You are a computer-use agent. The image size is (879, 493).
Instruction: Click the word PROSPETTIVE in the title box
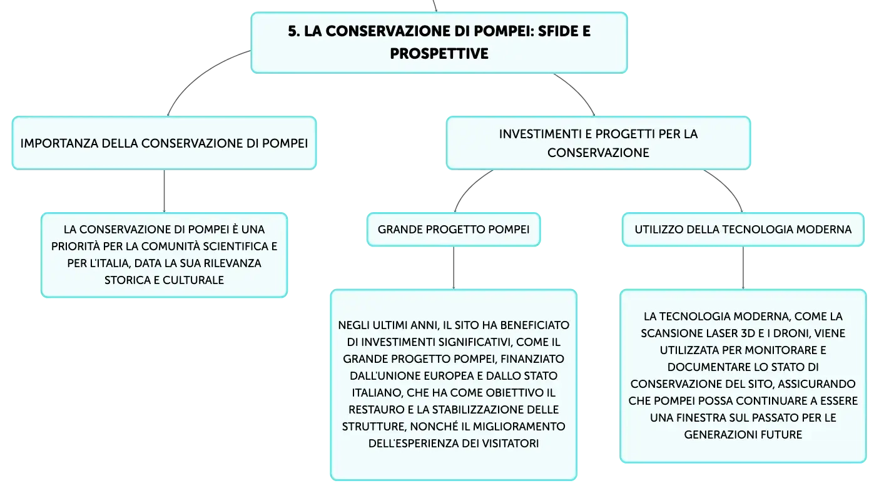(439, 53)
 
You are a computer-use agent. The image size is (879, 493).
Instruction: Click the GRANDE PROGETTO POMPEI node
(454, 229)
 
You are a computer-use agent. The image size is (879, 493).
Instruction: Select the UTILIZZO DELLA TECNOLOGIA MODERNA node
(743, 229)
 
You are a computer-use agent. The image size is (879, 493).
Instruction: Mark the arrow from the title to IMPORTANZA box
(196, 74)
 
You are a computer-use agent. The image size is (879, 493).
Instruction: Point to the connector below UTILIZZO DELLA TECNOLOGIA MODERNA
(743, 268)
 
